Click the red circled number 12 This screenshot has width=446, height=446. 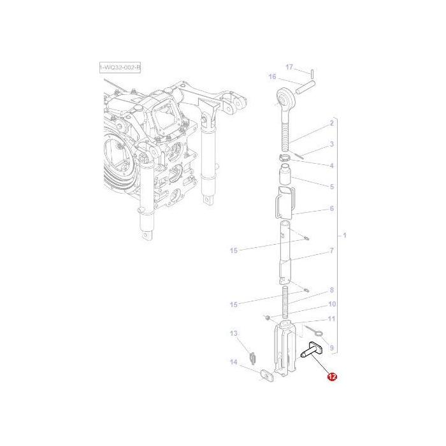332,377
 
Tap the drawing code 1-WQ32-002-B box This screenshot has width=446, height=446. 120,68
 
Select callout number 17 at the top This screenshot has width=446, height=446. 289,67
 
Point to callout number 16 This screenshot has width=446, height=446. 272,76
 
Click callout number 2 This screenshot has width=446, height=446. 332,123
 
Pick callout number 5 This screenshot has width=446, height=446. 332,187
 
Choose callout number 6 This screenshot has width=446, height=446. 332,208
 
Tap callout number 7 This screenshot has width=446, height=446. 332,250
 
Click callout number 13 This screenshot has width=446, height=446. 234,333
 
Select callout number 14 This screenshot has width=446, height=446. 234,362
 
